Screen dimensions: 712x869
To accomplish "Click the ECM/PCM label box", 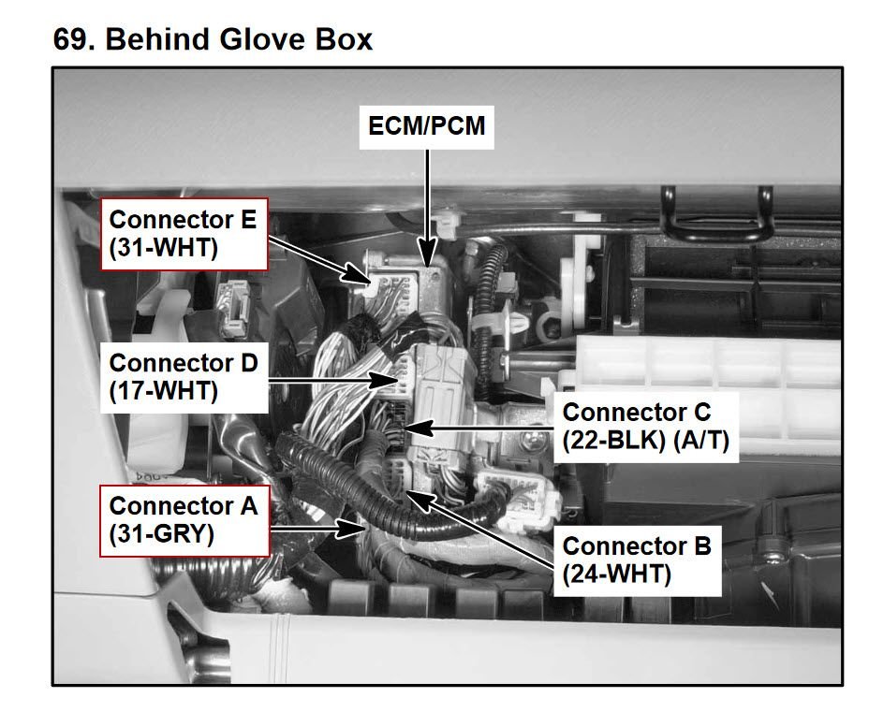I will coord(427,125).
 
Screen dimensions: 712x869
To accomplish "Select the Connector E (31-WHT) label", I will coord(183,234).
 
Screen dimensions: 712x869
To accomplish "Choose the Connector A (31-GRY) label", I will coord(183,519).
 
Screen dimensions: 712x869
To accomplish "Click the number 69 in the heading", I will coord(72,40).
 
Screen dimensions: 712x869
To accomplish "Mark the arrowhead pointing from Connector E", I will coord(367,277).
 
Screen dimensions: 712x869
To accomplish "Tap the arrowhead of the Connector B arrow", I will coord(416,493).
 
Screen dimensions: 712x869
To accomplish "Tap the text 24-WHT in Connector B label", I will coord(618,574).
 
